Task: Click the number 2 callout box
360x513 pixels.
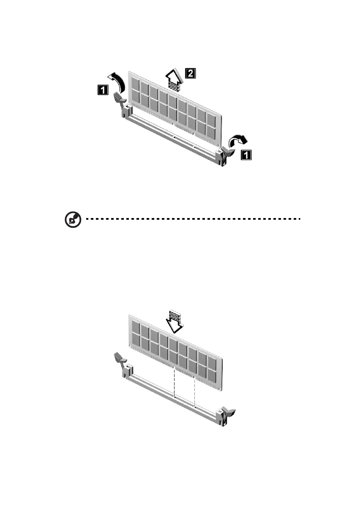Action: pos(191,74)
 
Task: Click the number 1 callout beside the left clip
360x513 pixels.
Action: pos(102,90)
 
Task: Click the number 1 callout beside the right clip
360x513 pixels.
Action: pos(245,155)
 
